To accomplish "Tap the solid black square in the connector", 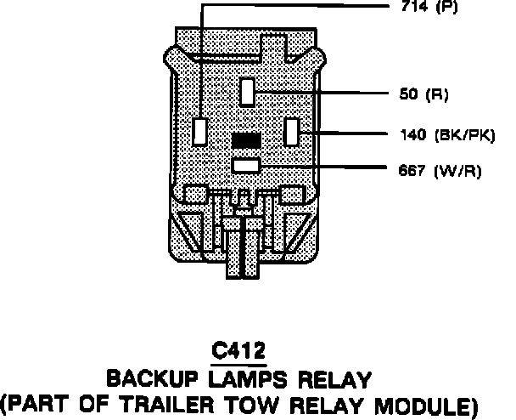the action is point(245,139).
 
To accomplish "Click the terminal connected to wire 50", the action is point(247,90).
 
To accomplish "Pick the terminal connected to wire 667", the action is point(245,166).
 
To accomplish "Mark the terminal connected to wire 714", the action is point(201,131).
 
